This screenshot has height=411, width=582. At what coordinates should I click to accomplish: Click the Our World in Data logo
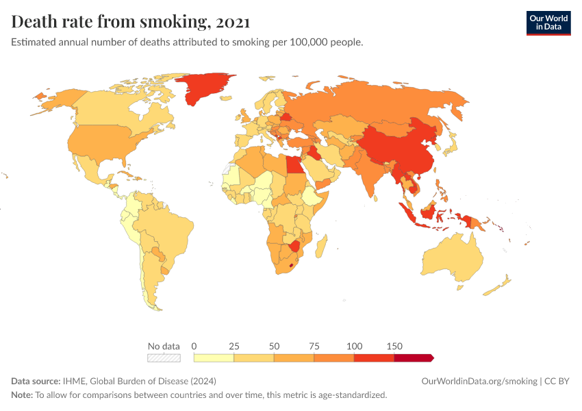click(548, 23)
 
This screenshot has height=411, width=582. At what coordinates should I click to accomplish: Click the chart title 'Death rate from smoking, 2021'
click(131, 23)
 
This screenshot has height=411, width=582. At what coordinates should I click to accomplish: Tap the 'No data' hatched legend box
click(164, 358)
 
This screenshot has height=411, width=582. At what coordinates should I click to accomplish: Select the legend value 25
click(234, 346)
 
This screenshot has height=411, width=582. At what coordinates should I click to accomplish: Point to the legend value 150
click(394, 346)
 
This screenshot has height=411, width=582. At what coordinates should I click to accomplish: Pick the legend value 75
click(314, 346)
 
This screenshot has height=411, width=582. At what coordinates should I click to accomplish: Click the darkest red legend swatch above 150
click(413, 358)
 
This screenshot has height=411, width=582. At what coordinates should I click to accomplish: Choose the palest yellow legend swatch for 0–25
click(214, 358)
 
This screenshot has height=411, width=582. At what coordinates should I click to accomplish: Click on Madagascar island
click(322, 247)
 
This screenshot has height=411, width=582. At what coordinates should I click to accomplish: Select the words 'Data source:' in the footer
click(36, 381)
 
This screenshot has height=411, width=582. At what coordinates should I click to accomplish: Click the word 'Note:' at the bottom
click(22, 395)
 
